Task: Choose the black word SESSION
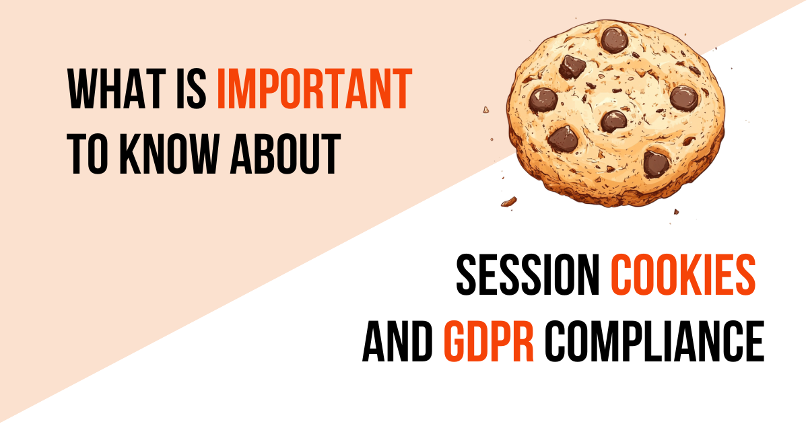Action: click(x=528, y=276)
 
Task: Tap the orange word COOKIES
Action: click(x=682, y=276)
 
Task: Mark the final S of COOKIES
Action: click(x=743, y=276)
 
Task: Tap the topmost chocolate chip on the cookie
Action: click(x=614, y=39)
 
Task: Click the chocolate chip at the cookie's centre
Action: click(x=613, y=121)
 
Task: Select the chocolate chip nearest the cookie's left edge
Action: click(x=543, y=100)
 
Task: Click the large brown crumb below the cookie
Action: click(x=508, y=201)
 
